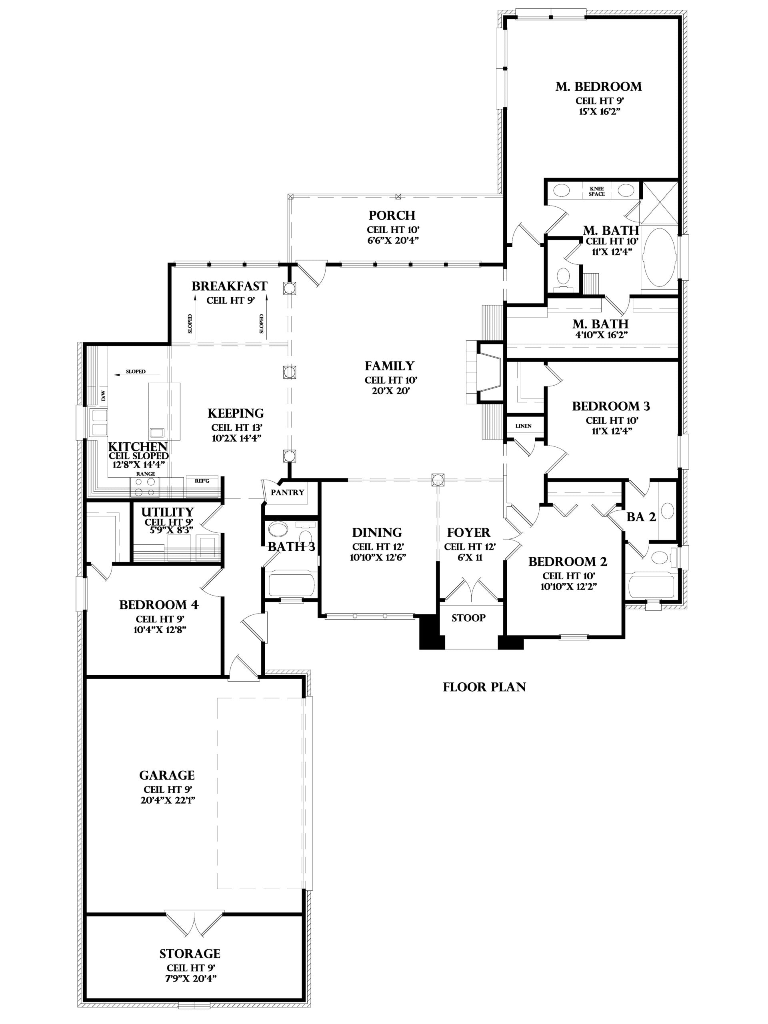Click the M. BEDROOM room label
(598, 86)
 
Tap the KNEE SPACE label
(597, 191)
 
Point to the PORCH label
(392, 215)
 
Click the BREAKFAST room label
(229, 286)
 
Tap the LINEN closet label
(524, 426)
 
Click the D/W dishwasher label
(103, 396)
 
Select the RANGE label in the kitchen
(145, 474)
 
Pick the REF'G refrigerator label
(202, 481)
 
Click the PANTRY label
(288, 492)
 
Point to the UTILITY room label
(168, 512)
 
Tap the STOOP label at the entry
(468, 618)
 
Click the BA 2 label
(641, 517)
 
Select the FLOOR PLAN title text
(484, 687)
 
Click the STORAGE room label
(190, 950)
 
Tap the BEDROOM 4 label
(159, 605)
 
